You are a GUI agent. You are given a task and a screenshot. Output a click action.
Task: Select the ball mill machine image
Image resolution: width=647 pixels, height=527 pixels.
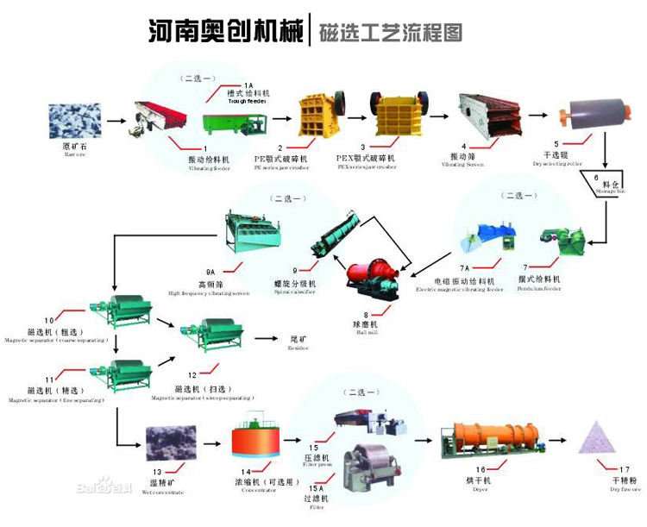(372, 279)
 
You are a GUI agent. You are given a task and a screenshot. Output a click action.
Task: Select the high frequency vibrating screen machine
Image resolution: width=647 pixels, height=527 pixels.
(258, 227)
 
